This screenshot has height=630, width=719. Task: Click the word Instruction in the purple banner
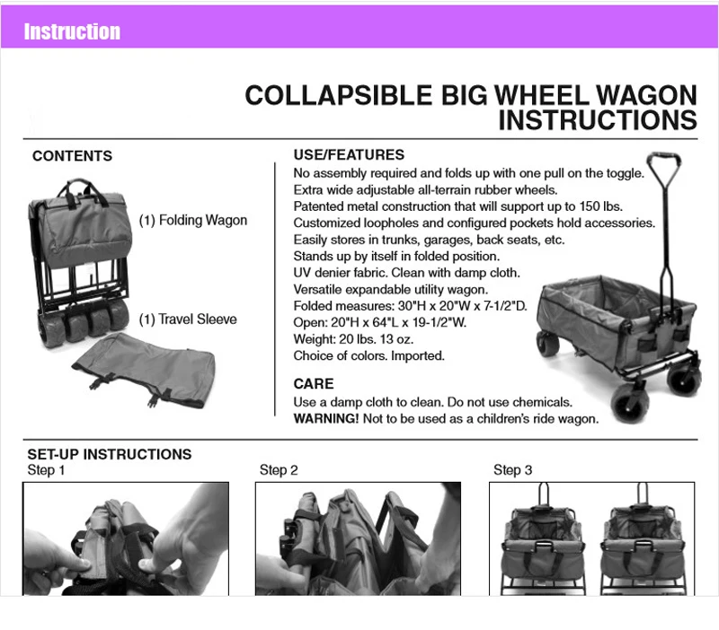point(72,31)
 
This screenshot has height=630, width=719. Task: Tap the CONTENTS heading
point(73,155)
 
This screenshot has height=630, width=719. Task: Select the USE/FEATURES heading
point(349,154)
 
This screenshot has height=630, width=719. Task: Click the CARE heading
point(314,384)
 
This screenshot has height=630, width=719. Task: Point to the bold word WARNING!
point(326,418)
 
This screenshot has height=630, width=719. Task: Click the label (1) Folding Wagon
point(193,220)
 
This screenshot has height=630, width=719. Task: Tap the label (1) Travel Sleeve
point(188,319)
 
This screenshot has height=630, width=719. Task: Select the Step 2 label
point(279,470)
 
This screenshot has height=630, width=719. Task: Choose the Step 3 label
point(512,470)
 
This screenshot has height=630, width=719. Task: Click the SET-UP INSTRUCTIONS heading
point(110,454)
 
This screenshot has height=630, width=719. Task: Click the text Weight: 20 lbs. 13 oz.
point(353,339)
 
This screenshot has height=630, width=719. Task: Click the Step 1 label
point(46,470)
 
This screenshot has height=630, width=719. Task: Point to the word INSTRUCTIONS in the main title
point(598,120)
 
